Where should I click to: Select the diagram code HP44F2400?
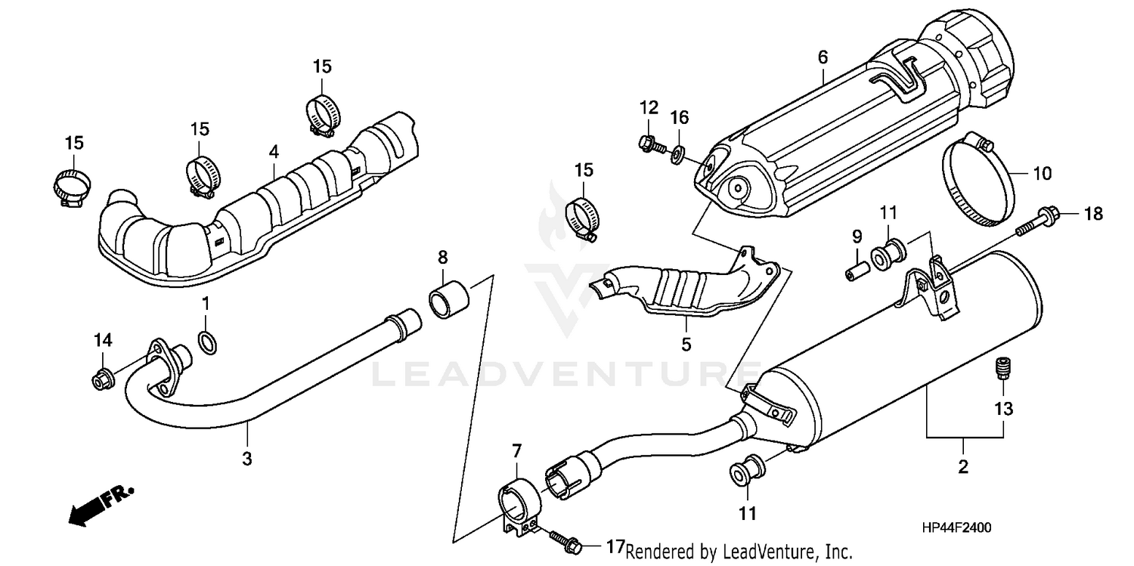point(956,529)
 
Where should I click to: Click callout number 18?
point(1094,214)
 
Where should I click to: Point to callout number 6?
point(823,57)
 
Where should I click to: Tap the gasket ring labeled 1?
point(209,342)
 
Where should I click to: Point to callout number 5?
point(686,345)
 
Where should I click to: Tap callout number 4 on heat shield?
point(274,152)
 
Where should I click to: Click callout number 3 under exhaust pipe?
point(247,457)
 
